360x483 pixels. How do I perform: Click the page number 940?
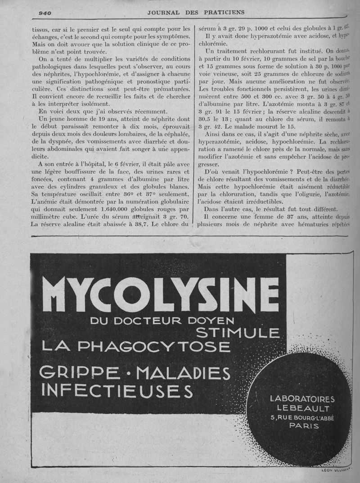(x=45, y=13)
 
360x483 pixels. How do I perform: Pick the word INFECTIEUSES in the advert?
(x=117, y=390)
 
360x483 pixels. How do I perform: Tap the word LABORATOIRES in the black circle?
(x=302, y=399)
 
